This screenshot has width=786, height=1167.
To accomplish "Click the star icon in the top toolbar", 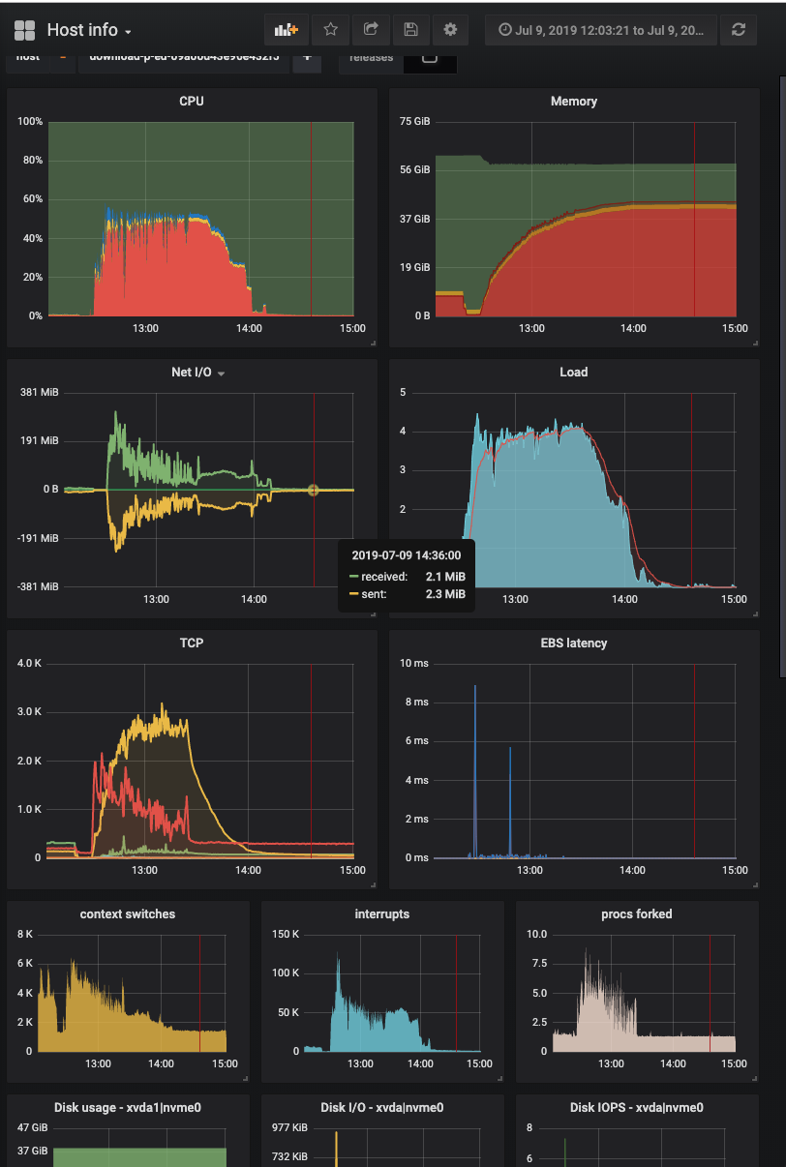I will pos(329,30).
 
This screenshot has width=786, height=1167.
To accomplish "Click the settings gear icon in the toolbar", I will pos(450,30).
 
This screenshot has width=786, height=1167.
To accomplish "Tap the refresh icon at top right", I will pos(739,30).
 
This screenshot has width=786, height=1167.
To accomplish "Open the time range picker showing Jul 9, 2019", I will pos(601,30).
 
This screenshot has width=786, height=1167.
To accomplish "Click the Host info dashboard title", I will pos(82,30).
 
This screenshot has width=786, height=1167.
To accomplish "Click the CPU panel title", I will pos(192,102).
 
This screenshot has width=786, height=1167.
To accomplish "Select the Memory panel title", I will pos(574,102).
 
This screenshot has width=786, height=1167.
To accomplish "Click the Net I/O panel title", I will pos(192,373).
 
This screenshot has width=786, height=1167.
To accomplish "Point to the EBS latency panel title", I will pos(574,643).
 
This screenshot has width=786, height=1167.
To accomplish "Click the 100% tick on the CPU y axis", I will pos(30,122).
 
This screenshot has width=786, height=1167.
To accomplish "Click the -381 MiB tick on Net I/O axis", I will pos(39,586).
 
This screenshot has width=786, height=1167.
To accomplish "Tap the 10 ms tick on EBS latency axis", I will pos(414,664).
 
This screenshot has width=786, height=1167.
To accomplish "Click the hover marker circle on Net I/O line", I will pos(313,491).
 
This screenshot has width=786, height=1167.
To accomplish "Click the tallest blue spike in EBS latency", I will pos(475,687).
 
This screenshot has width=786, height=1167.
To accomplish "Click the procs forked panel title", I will pos(636,914).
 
